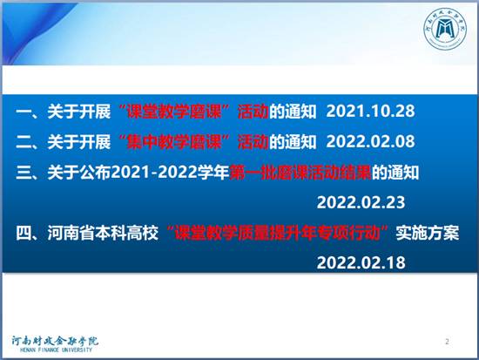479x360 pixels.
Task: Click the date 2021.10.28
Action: [370, 111]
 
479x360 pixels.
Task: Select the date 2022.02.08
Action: [370, 141]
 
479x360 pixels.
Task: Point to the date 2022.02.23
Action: [361, 202]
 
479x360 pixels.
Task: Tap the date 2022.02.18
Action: [361, 262]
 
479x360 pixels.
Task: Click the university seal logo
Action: [446, 29]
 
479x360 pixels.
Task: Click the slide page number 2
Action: [448, 342]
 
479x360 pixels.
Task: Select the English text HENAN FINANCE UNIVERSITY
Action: [56, 350]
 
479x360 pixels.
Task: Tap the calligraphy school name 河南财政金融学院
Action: [55, 341]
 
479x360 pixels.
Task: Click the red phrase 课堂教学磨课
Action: [174, 111]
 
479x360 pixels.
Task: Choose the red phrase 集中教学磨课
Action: [174, 141]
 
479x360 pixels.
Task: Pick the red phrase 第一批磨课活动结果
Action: [300, 173]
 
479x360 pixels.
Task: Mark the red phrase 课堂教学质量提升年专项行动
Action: [277, 233]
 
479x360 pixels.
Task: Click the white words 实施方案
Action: [428, 233]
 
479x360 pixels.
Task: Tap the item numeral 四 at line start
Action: [24, 233]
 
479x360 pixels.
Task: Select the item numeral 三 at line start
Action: [24, 173]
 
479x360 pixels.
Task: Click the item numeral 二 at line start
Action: [24, 142]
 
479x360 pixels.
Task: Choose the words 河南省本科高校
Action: [103, 233]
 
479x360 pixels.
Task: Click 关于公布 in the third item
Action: [79, 173]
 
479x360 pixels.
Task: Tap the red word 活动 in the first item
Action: [253, 111]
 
